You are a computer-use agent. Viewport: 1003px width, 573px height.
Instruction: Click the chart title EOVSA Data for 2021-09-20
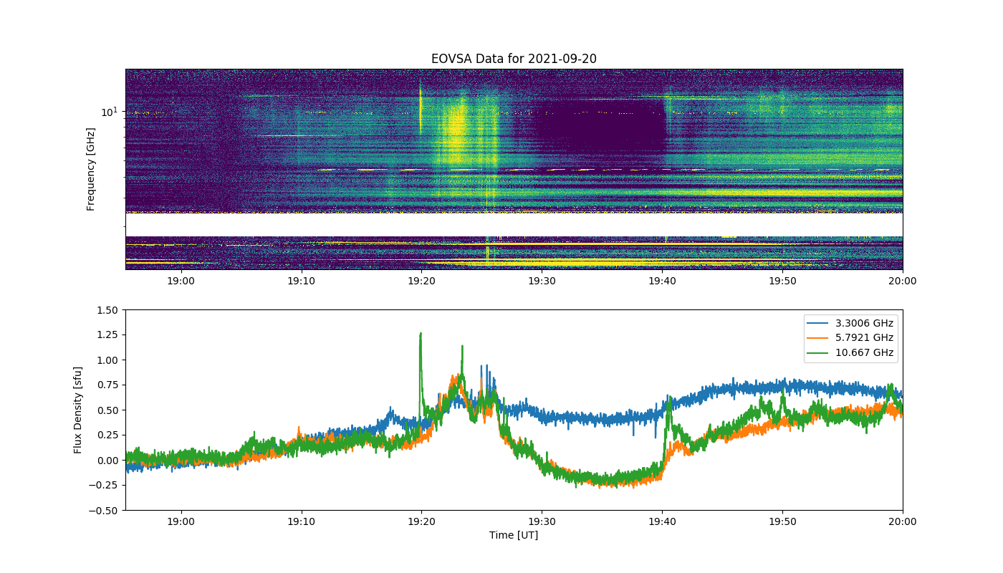[x=514, y=59]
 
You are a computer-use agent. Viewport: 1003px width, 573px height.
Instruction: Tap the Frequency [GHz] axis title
[x=90, y=169]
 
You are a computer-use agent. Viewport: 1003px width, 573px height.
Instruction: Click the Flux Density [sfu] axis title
[x=78, y=410]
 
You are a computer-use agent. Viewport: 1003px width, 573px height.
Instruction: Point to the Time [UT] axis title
[x=514, y=535]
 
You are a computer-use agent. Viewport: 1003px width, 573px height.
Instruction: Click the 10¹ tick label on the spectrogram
[x=109, y=112]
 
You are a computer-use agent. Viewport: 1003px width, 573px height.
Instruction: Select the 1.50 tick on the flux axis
[x=107, y=310]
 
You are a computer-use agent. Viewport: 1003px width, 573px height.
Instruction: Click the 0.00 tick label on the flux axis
[x=107, y=461]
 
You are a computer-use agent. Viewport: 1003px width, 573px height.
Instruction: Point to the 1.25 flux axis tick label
[x=107, y=335]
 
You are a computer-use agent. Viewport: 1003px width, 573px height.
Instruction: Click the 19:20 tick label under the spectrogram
[x=421, y=281]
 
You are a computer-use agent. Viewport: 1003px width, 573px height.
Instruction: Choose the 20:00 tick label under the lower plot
[x=902, y=521]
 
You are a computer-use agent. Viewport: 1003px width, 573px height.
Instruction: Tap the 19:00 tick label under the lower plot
[x=181, y=521]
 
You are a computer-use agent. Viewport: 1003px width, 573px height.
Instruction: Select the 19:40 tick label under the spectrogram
[x=662, y=281]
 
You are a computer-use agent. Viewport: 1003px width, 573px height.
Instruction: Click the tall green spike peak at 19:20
[x=421, y=334]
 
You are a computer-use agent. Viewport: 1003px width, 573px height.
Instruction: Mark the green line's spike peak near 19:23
[x=462, y=346]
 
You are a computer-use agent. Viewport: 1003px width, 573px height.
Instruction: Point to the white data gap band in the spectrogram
[x=514, y=225]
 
